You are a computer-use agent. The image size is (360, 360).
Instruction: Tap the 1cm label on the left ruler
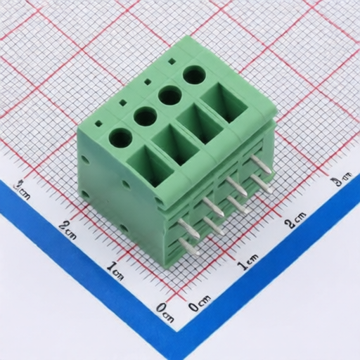pos(115,271)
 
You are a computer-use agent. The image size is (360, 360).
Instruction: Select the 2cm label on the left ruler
pos(67,230)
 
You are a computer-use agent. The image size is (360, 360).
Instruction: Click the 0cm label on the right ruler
pos(200,303)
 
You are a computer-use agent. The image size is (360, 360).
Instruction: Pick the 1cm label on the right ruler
pos(247,262)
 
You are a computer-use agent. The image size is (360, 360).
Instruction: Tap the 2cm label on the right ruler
pos(296,220)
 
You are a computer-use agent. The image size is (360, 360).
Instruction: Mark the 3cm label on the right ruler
pos(340,180)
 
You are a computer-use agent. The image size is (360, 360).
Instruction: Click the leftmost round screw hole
pos(121,139)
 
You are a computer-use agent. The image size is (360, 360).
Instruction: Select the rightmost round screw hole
pos(194,75)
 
